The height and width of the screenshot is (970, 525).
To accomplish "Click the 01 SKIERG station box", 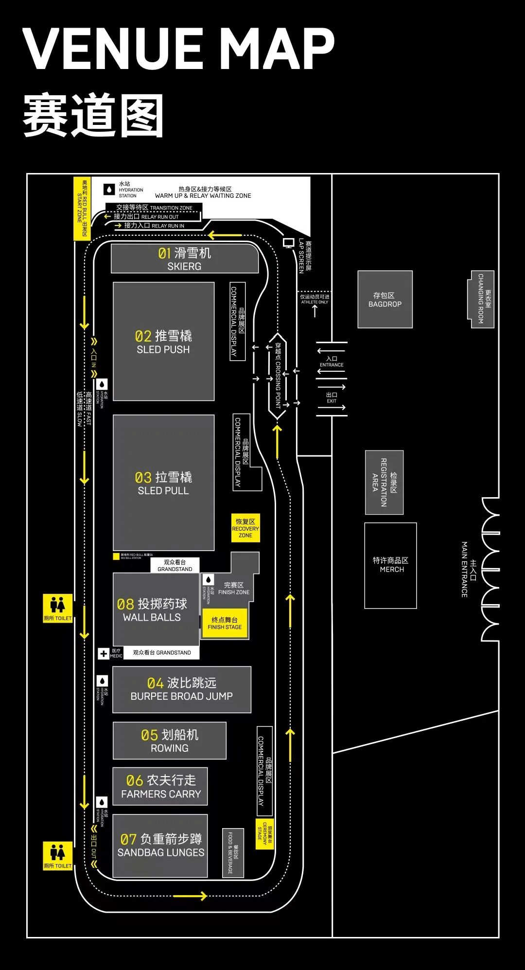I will (184, 259).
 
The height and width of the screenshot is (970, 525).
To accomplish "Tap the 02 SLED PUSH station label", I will (163, 342).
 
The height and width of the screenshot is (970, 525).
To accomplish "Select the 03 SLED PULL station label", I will (163, 484).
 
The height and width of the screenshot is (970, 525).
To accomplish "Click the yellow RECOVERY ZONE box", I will (245, 528).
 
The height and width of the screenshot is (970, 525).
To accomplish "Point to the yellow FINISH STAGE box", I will (225, 623).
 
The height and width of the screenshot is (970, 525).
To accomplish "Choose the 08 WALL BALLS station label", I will (152, 610).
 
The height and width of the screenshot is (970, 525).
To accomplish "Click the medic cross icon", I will (104, 654).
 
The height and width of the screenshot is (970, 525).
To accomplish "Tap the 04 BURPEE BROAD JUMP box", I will (182, 690).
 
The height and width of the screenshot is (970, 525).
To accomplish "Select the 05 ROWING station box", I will (170, 741).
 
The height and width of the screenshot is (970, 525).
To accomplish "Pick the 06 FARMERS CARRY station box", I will (160, 786).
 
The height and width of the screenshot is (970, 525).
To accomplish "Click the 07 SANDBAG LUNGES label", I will (161, 846).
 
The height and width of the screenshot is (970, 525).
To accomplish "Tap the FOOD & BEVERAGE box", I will (233, 852).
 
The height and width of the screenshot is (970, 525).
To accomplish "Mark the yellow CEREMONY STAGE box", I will (265, 834).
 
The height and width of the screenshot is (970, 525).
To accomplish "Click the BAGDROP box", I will (385, 299).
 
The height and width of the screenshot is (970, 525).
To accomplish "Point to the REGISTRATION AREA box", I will (385, 483).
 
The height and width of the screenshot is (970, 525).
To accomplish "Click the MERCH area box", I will (391, 565).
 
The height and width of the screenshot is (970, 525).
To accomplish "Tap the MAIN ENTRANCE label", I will (468, 570).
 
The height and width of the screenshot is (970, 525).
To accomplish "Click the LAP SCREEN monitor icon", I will (289, 242).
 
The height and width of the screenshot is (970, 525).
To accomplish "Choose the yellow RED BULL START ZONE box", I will (82, 208).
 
